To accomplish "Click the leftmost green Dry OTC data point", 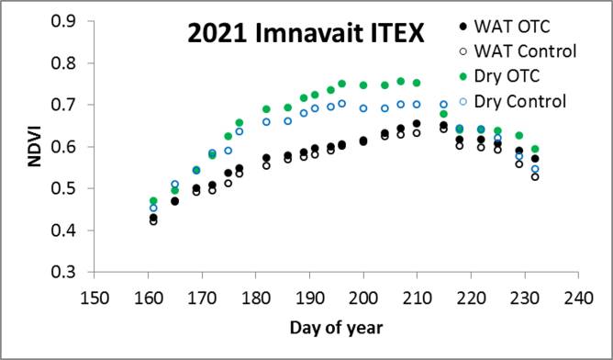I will pos(153,201).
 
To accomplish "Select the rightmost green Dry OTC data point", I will pos(535,149).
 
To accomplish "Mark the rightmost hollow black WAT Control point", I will pos(535,176).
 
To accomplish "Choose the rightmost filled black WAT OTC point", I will pos(535,159).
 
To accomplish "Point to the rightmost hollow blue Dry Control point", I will pos(535,170).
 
